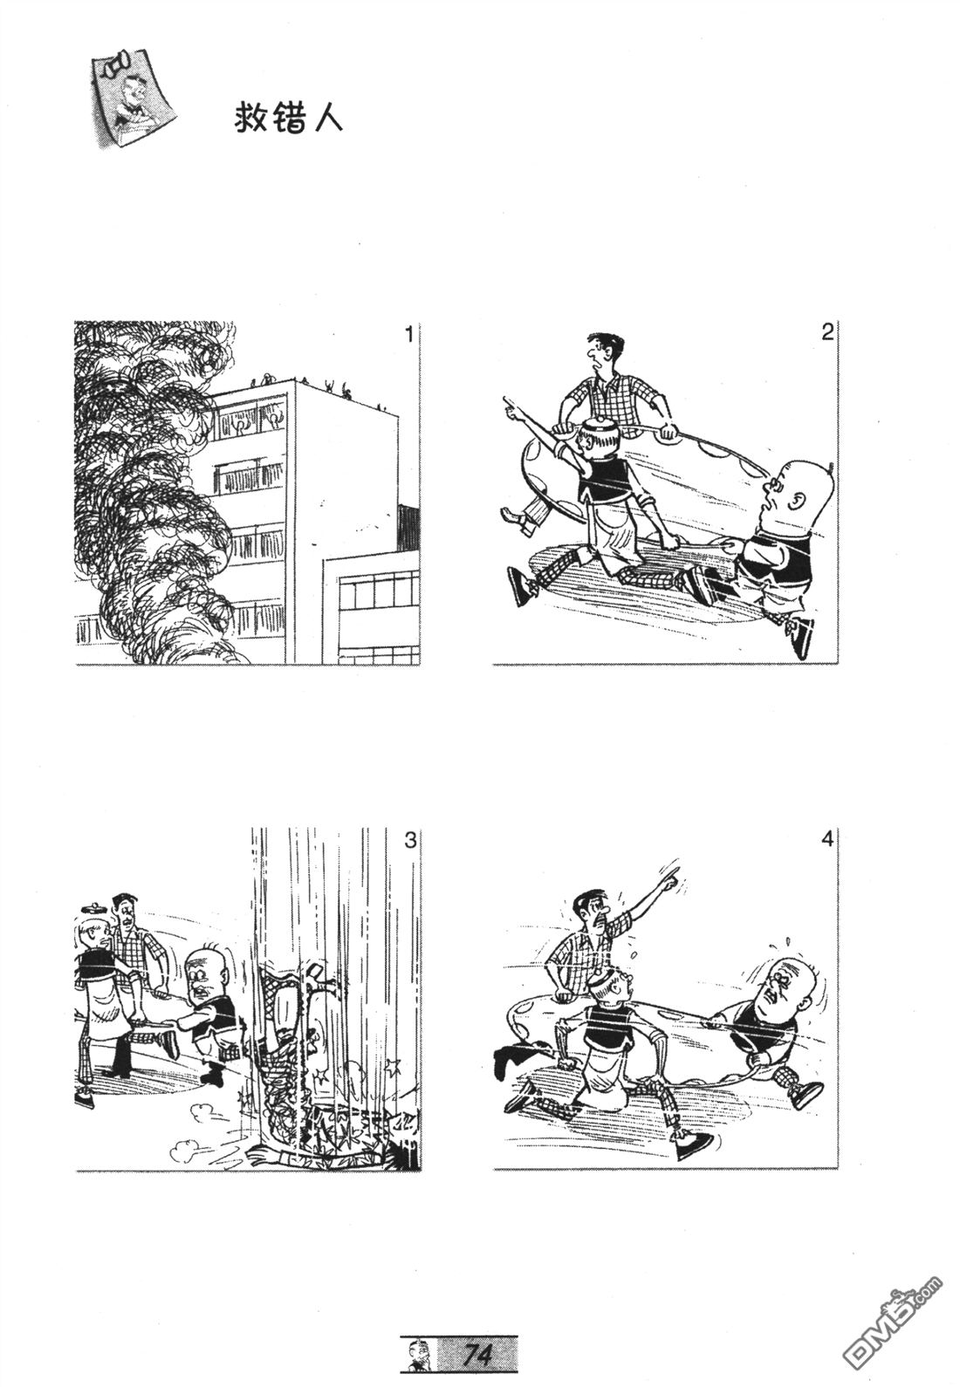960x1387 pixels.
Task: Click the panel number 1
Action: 408,335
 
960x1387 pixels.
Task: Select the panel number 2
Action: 827,334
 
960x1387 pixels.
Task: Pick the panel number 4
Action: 827,840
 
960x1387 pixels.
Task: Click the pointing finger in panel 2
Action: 510,406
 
